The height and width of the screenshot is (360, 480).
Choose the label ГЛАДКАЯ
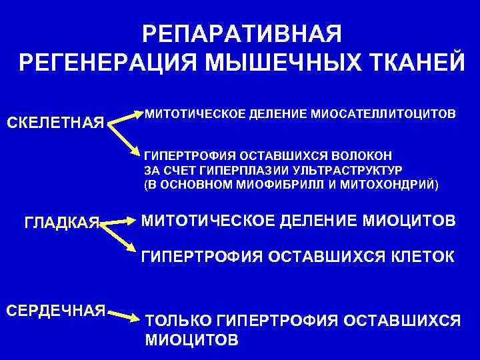click(61, 221)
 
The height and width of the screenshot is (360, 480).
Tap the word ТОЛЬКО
click(179, 321)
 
